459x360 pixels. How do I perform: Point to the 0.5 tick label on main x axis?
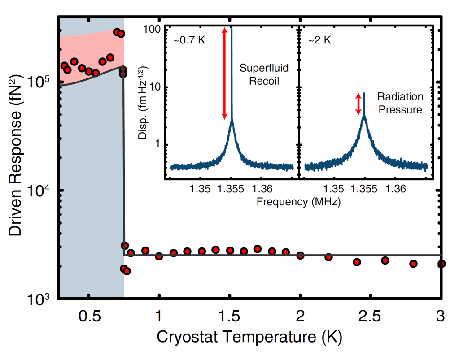coord(89,316)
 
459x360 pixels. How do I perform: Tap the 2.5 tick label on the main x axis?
coord(371,316)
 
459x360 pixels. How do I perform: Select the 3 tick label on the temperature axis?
coord(441,316)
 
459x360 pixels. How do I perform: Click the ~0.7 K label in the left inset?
coord(189,41)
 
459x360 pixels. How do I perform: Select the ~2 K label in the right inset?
coord(319,41)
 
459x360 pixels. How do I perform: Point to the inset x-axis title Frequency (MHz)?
coord(298,202)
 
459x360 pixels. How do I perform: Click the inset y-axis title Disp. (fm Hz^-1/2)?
coord(144,108)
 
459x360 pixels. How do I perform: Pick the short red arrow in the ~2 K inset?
coord(358,104)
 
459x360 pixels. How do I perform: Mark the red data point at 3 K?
coord(441,264)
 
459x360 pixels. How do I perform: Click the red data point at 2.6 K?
coord(385,260)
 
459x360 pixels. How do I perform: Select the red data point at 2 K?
coord(300,255)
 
